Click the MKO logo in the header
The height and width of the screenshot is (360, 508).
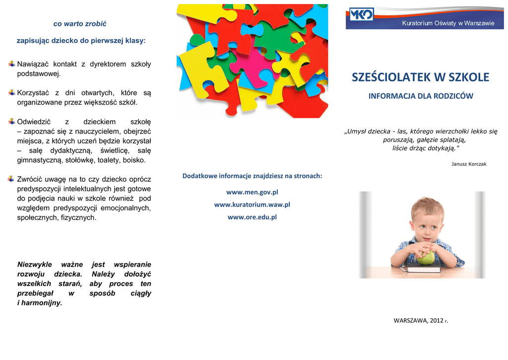tap(362, 14)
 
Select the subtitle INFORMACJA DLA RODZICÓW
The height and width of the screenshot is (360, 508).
tap(421, 96)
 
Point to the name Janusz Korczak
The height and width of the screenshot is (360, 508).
tap(469, 164)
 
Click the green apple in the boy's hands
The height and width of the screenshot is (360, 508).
tap(426, 258)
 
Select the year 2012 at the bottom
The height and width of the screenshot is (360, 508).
tap(435, 321)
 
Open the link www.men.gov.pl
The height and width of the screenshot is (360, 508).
tap(252, 192)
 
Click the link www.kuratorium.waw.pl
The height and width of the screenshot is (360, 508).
tap(252, 205)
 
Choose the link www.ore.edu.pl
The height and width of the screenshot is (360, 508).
tap(252, 217)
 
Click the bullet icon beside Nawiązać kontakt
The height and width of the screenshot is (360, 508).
tap(12, 64)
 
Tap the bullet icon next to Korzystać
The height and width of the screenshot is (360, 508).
tap(12, 93)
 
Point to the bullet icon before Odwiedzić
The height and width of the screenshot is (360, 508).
tap(12, 122)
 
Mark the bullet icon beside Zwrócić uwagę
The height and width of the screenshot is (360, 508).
tap(12, 179)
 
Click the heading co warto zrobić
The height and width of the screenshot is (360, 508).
tap(80, 24)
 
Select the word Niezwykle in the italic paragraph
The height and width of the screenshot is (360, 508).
tap(35, 265)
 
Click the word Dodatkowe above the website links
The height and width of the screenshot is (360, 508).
tap(199, 176)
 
